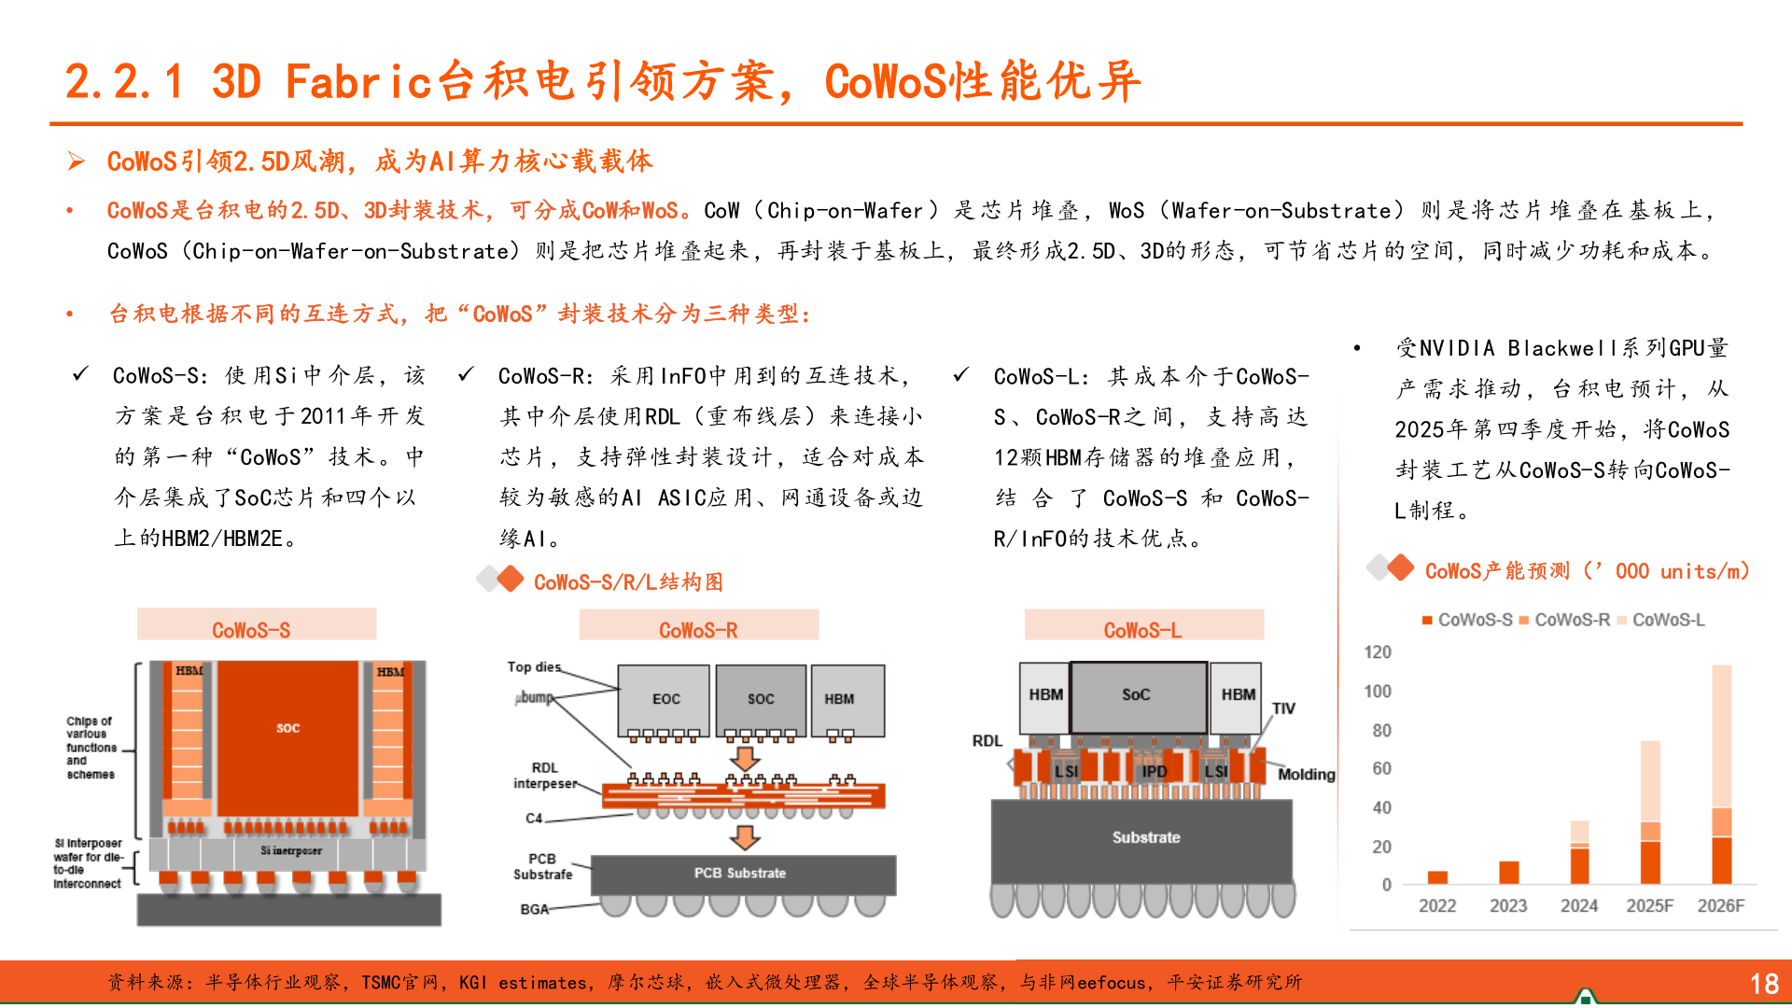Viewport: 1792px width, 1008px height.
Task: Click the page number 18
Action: [1763, 984]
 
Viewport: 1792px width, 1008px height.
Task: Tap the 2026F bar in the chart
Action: [1721, 775]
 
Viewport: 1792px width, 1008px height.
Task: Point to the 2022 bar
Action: [1437, 877]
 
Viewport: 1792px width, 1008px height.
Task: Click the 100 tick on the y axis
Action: [1377, 692]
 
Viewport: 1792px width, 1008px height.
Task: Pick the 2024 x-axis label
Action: [1578, 905]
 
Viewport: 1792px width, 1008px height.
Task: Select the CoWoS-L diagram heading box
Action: [1143, 625]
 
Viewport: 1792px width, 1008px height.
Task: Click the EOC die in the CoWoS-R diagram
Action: [665, 699]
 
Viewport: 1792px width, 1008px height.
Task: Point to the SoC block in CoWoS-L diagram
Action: [1137, 695]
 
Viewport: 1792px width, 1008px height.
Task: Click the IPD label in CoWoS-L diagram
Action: [1155, 771]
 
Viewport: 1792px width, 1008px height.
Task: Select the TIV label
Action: [1283, 708]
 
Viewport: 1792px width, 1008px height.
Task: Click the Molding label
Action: [1306, 775]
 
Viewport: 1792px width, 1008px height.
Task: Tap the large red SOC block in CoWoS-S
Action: [287, 728]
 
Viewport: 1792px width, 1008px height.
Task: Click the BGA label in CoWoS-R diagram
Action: [534, 909]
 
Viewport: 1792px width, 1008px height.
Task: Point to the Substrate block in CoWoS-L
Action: [1145, 838]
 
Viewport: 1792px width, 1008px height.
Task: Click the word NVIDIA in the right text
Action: [1457, 349]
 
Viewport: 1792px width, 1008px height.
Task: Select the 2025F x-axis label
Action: [1649, 905]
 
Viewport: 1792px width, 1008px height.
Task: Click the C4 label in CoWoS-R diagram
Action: [533, 819]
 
